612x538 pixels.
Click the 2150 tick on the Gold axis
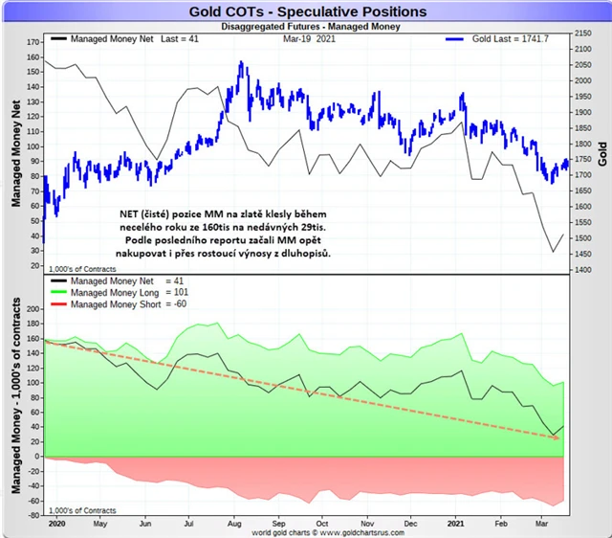582,34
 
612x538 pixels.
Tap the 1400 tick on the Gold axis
582,270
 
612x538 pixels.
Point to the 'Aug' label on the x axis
232,526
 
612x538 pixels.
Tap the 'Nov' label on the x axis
367,526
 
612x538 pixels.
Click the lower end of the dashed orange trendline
557,438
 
